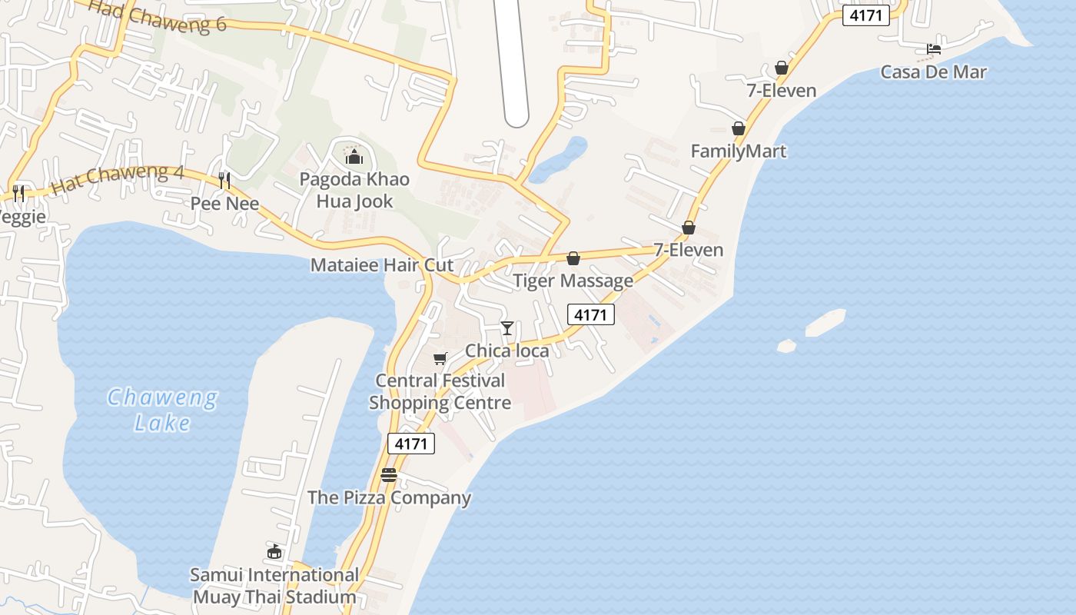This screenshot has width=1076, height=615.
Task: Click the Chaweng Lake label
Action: coord(161,410)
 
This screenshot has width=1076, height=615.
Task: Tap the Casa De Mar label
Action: coord(933,72)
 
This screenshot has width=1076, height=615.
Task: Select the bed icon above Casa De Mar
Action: coord(934,49)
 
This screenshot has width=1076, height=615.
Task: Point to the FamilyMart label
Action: coord(738,151)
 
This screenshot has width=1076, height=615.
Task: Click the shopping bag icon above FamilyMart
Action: coord(739,128)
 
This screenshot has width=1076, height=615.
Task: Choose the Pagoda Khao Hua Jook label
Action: coord(354,191)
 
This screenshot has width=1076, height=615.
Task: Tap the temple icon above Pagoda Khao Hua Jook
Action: coord(354,158)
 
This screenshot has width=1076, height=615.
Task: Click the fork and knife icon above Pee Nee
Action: coord(224,181)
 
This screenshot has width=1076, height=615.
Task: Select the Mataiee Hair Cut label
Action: coord(381,265)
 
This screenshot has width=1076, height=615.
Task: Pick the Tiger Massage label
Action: coord(573,281)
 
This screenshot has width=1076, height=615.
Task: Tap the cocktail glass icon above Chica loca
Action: coord(507,328)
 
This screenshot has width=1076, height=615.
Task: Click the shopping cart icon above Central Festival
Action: coord(440,358)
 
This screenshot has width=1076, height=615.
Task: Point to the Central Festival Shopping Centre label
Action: coord(440,391)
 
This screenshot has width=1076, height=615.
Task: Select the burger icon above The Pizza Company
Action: coord(389,474)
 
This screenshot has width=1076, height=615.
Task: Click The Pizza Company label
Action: coord(389,497)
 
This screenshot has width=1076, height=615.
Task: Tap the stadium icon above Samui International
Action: coord(274,551)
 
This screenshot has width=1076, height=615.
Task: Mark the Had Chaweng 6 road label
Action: coord(158,15)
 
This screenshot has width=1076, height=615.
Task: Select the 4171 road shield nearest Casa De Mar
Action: coord(865,15)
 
